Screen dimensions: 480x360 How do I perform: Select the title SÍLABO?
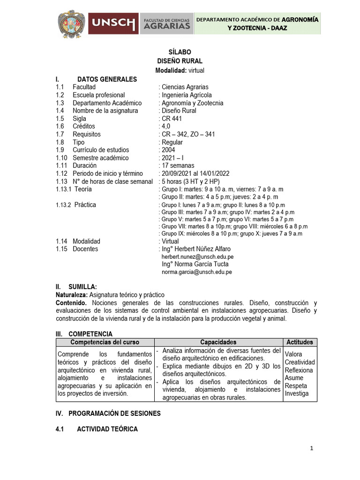click(180, 52)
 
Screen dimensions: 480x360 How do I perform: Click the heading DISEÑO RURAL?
click(180, 61)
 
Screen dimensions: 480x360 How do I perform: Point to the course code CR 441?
click(172, 119)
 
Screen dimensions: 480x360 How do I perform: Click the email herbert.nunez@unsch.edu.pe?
click(197, 257)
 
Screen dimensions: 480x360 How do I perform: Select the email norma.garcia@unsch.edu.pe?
click(196, 272)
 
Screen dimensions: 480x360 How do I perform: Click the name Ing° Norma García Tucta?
click(195, 264)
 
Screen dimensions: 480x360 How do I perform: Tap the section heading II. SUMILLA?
click(76, 286)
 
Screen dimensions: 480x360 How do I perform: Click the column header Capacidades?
click(218, 342)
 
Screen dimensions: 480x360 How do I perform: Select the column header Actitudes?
click(300, 342)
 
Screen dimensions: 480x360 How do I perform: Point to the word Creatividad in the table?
click(300, 362)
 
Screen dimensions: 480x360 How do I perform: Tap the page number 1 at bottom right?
click(311, 449)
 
